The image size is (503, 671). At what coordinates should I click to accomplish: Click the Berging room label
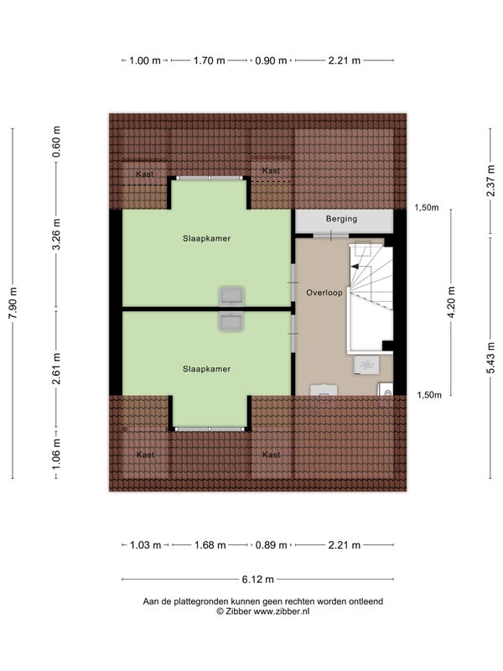pyautogui.click(x=341, y=219)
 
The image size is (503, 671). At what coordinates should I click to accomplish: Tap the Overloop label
pyautogui.click(x=324, y=293)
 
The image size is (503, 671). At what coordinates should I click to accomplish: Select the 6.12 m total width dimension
pyautogui.click(x=258, y=580)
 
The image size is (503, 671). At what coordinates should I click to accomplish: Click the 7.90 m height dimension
pyautogui.click(x=13, y=303)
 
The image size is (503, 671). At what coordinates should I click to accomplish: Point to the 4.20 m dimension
pyautogui.click(x=451, y=303)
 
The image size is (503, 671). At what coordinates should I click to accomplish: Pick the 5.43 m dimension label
pyautogui.click(x=490, y=358)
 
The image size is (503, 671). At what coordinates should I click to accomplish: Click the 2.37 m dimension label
pyautogui.click(x=490, y=180)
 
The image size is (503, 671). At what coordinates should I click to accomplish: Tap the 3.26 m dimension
pyautogui.click(x=56, y=234)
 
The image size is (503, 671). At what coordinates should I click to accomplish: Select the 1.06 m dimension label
pyautogui.click(x=56, y=453)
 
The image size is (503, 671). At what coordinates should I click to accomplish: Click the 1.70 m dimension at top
pyautogui.click(x=209, y=60)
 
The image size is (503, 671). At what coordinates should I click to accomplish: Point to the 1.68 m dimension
pyautogui.click(x=210, y=545)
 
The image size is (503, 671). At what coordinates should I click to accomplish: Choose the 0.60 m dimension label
pyautogui.click(x=56, y=142)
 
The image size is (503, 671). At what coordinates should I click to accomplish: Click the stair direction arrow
pyautogui.click(x=355, y=267)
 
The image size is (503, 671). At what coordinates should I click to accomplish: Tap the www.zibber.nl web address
pyautogui.click(x=282, y=611)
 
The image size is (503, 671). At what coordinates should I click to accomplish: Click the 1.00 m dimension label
pyautogui.click(x=145, y=60)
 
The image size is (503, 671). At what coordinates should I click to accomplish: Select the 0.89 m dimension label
pyautogui.click(x=271, y=545)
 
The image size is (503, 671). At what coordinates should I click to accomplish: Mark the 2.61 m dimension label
pyautogui.click(x=56, y=368)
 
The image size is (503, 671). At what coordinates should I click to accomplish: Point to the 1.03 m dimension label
pyautogui.click(x=145, y=545)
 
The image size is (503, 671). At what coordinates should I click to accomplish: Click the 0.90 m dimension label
pyautogui.click(x=271, y=60)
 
